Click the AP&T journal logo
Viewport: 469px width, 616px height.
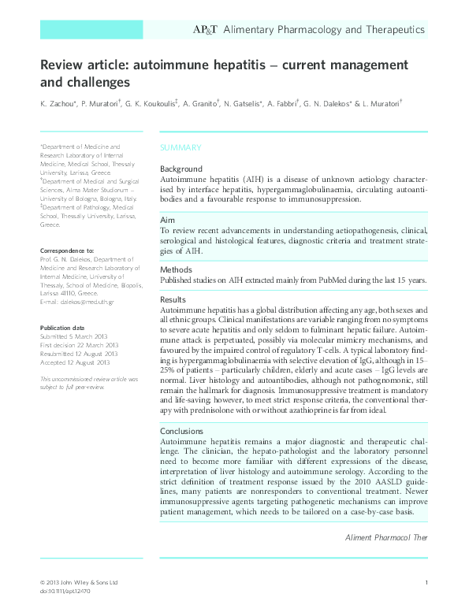[x=206, y=30]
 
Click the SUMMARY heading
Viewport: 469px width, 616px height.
[x=181, y=148]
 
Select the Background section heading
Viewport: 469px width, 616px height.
[x=181, y=169]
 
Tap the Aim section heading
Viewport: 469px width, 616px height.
[x=167, y=218]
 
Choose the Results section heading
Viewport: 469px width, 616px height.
[x=173, y=299]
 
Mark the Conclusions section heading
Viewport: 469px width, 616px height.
[x=182, y=431]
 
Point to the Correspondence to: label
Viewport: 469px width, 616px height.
[x=67, y=250]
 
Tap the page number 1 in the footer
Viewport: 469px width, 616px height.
[x=426, y=582]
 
